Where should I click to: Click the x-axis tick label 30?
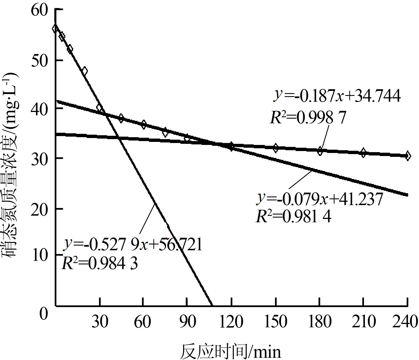(x=99, y=321)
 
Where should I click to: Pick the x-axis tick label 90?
(x=187, y=321)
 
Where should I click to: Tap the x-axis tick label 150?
(x=275, y=321)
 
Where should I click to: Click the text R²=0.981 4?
(x=293, y=216)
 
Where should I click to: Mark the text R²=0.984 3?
(x=99, y=263)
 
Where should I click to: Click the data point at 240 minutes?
(x=407, y=156)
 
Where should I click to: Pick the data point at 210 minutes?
(x=363, y=153)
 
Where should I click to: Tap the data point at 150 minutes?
(x=275, y=148)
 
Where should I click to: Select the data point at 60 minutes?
(x=143, y=124)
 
